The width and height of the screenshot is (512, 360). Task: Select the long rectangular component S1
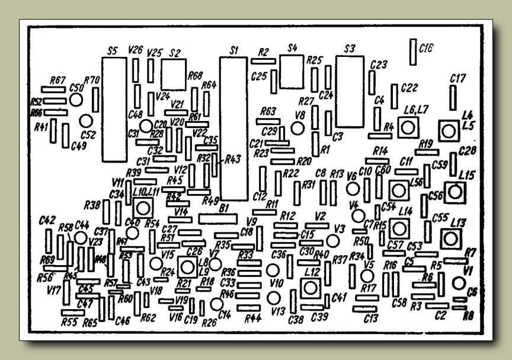233,129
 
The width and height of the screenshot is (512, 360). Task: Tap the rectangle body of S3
348,92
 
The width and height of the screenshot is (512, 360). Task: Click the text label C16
425,49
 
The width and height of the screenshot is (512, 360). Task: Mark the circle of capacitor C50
75,99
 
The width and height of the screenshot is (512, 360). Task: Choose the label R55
69,322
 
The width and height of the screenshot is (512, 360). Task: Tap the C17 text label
458,78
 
